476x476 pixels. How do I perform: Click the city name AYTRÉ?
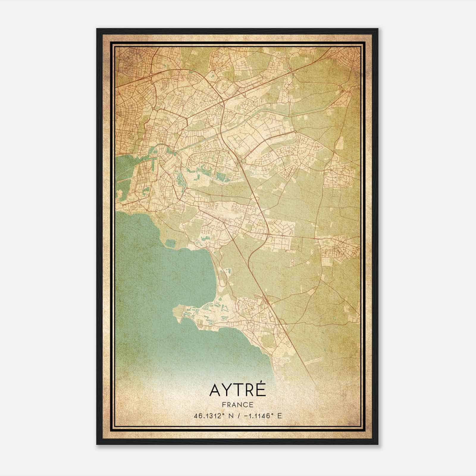(x=237, y=390)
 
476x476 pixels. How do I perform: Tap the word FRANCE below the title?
(x=237, y=405)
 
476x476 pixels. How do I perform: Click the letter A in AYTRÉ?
(x=215, y=390)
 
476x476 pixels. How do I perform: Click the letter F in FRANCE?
(x=224, y=405)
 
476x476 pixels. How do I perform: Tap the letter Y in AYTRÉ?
(x=226, y=390)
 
